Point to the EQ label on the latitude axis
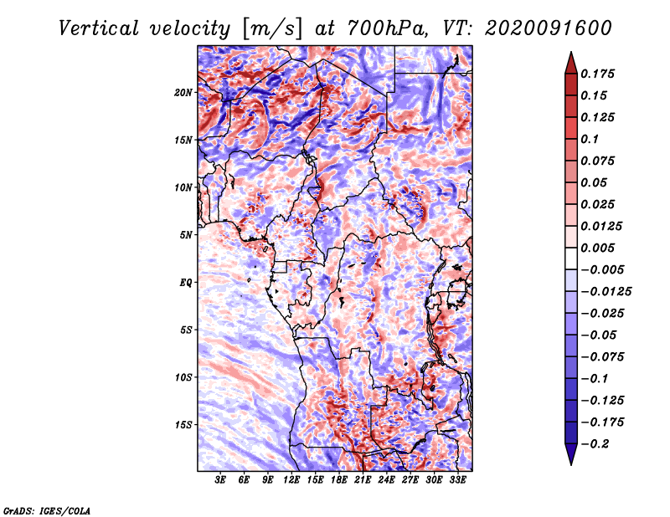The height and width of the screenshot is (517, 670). [x=186, y=283]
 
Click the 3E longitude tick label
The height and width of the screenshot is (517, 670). [x=221, y=479]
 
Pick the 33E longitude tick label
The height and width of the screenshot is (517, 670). [x=457, y=479]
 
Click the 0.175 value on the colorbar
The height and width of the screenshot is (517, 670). [x=598, y=74]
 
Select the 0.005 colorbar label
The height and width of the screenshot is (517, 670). [x=598, y=248]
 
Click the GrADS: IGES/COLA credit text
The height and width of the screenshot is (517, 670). [x=46, y=509]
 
